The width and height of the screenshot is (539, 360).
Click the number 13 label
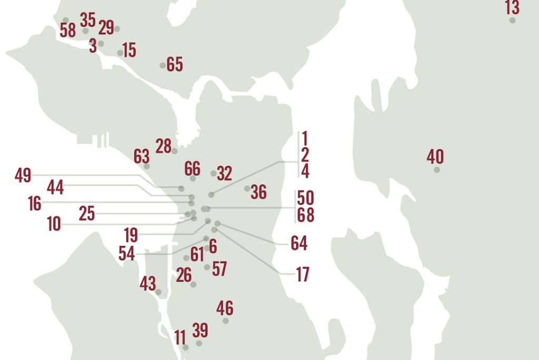click(512, 8)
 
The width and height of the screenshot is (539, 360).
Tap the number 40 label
click(435, 157)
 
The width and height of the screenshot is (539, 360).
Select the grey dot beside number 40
click(436, 169)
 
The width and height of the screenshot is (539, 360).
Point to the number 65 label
click(175, 65)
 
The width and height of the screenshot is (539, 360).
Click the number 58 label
click(68, 31)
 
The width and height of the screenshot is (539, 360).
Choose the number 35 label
click(88, 20)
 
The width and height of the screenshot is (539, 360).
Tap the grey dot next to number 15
click(120, 53)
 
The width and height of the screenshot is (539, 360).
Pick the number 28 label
click(164, 146)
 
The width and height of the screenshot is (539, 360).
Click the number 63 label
click(142, 156)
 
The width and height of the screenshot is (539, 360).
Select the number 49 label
click(23, 175)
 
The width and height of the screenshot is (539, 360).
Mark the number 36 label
click(258, 192)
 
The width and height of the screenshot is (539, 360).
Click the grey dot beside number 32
click(213, 173)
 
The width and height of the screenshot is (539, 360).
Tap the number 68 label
click(305, 215)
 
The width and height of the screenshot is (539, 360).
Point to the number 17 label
click(303, 275)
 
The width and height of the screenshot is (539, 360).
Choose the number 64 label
click(299, 243)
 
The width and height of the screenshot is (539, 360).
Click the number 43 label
click(148, 284)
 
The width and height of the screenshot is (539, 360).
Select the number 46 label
click(225, 308)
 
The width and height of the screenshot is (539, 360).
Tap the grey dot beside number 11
click(185, 347)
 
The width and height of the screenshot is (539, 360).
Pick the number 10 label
click(54, 224)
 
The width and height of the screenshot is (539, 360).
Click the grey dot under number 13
click(512, 20)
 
